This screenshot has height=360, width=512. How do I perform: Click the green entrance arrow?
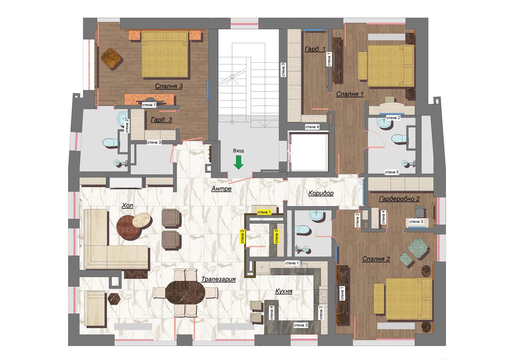pyautogui.click(x=239, y=162)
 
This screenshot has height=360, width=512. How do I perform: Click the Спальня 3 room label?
pyautogui.click(x=169, y=86)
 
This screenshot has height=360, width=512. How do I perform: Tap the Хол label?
pyautogui.click(x=127, y=205)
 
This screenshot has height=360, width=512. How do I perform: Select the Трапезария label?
pyautogui.click(x=218, y=279)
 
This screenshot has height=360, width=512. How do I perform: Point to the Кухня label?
pyautogui.click(x=284, y=291)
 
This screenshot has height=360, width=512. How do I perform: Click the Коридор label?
pyautogui.click(x=321, y=193)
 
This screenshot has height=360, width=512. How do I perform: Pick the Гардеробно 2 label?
pyautogui.click(x=399, y=199)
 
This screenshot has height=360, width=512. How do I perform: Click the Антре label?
pyautogui.click(x=221, y=189)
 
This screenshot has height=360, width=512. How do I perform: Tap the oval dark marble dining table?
pyautogui.click(x=185, y=293)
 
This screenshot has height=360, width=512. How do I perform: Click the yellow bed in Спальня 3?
pyautogui.click(x=165, y=55)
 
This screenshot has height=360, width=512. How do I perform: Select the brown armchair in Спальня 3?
pyautogui.click(x=111, y=59)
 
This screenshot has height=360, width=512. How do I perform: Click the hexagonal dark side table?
pyautogui.click(x=114, y=299)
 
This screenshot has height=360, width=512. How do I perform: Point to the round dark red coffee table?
pyautogui.click(x=129, y=228)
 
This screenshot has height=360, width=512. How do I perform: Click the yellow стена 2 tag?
pyautogui.click(x=242, y=237)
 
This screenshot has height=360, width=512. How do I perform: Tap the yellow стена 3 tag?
pyautogui.click(x=276, y=237)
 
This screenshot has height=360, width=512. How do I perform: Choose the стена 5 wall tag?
pyautogui.click(x=392, y=172)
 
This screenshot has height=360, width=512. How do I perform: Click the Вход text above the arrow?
pyautogui.click(x=239, y=151)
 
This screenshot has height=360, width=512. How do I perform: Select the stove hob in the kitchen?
pyautogui.click(x=321, y=296)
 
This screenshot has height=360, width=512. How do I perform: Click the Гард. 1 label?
pyautogui.click(x=315, y=49)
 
